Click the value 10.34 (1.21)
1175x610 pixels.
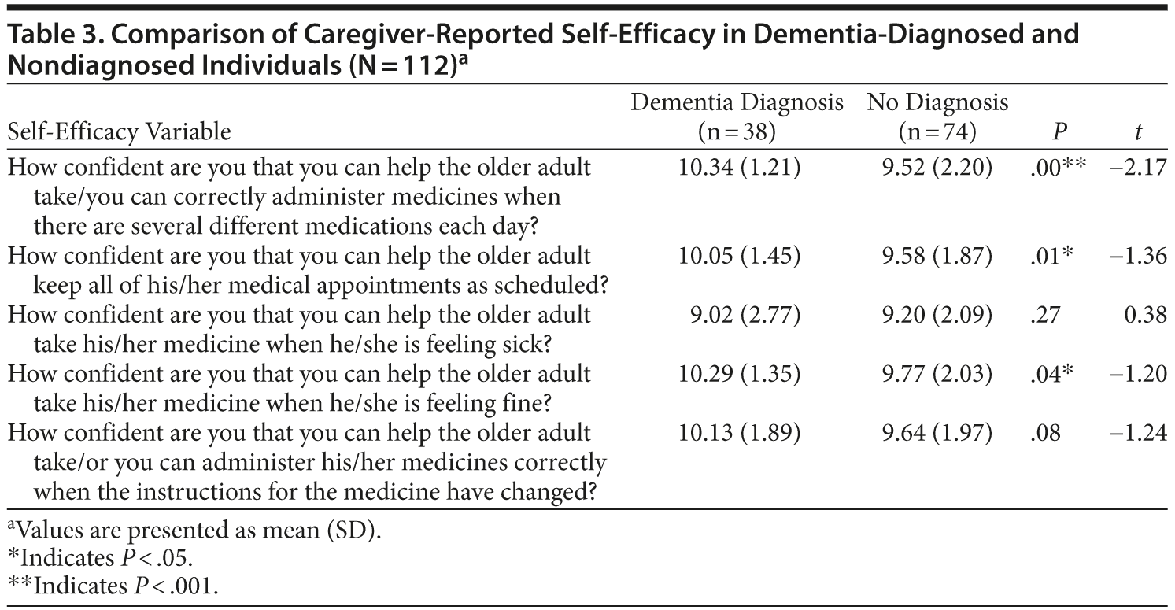pos(739,168)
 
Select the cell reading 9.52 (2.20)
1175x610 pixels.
pos(937,168)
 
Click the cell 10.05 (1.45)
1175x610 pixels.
pos(739,257)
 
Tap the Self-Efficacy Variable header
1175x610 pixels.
pos(120,133)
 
